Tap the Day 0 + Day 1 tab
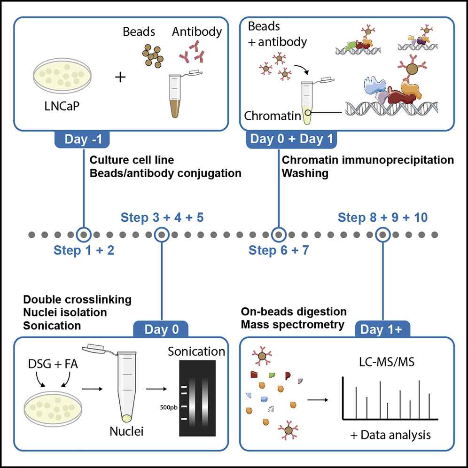click(x=279, y=139)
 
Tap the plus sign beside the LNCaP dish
click(x=121, y=77)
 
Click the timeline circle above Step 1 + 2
click(x=84, y=234)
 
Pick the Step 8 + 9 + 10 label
click(x=382, y=218)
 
